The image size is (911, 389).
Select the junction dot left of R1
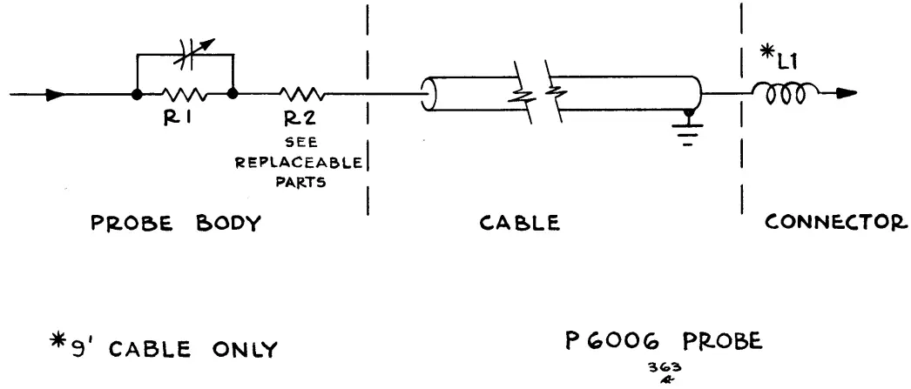[137, 93]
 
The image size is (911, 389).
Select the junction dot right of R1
[234, 93]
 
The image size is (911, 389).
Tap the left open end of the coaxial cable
[428, 93]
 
